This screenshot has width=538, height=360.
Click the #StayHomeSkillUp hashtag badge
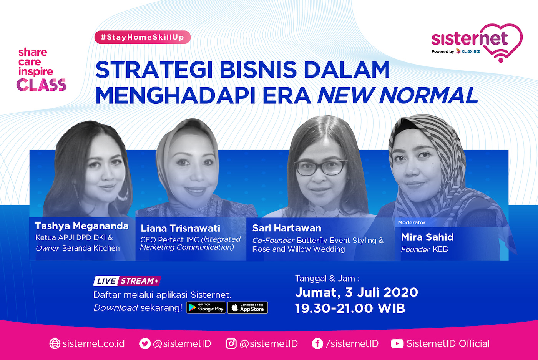(143, 37)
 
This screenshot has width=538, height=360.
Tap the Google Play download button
(206, 308)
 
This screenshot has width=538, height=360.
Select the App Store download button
(247, 308)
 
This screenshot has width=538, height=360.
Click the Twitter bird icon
(145, 344)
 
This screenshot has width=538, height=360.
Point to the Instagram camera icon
(231, 344)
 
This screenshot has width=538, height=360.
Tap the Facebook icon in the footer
(317, 344)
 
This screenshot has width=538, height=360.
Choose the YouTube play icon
(397, 344)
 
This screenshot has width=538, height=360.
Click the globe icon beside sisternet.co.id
(55, 344)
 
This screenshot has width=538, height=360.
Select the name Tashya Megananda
(82, 226)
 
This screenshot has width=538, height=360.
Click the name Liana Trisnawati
(180, 228)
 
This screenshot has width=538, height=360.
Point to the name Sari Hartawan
(287, 228)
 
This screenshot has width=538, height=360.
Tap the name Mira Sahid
(427, 237)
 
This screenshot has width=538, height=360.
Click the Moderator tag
(412, 222)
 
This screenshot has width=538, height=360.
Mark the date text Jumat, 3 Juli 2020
(357, 292)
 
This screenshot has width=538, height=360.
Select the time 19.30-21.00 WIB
(350, 309)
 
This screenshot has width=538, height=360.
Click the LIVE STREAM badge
(127, 281)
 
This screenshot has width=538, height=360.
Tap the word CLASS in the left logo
(42, 85)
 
